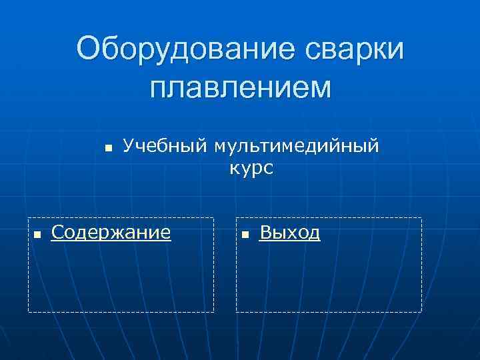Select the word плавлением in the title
tap(240, 87)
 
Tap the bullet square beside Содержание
tap(37, 235)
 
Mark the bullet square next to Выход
tap(245, 235)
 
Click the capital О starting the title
tap(89, 51)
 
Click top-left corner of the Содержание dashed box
tap(28, 218)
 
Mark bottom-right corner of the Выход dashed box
tap(422, 312)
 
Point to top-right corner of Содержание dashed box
tap(214, 218)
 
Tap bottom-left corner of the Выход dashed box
tap(236, 312)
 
